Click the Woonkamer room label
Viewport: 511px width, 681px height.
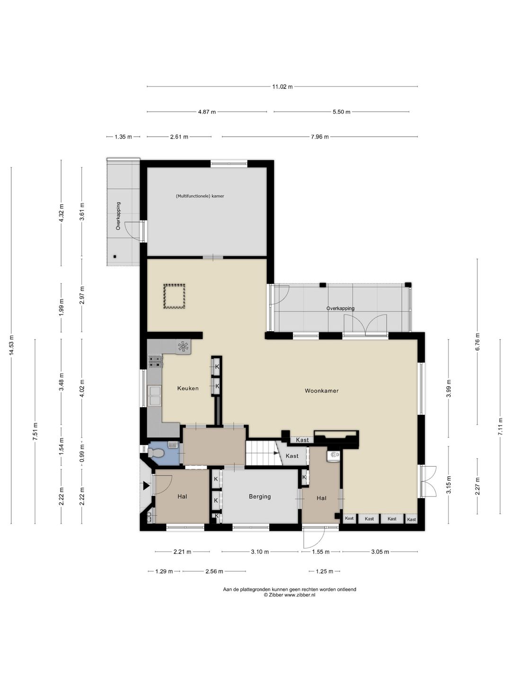[321, 391]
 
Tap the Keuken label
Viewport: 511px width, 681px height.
[188, 388]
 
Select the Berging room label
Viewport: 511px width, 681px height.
[260, 497]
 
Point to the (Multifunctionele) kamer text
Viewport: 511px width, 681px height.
[200, 196]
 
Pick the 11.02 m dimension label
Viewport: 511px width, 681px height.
[282, 87]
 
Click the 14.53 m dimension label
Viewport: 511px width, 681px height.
[11, 345]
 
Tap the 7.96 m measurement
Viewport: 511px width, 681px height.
[320, 137]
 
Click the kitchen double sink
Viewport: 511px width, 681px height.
[155, 396]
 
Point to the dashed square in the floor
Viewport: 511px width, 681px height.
[175, 297]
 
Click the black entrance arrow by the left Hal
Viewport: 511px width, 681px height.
[146, 486]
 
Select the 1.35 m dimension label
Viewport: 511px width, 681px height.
[123, 137]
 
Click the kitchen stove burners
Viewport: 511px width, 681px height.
[155, 361]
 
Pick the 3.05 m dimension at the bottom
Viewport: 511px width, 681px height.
[380, 551]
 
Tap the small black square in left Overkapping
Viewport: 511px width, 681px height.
[115, 257]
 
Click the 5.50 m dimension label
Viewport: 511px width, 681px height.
[341, 112]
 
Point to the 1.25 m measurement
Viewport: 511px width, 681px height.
[324, 571]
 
